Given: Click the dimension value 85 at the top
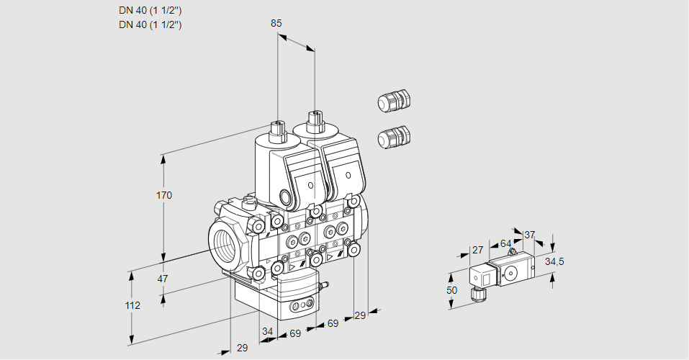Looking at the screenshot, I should point(276,23).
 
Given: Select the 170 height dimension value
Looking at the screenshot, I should point(165,195).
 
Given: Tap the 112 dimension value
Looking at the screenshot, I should point(132,305).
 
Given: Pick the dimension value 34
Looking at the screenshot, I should point(268,331).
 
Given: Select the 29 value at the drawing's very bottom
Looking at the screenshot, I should point(243,348).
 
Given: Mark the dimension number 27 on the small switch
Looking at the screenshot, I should point(477,250).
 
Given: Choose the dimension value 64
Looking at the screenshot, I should point(505,243).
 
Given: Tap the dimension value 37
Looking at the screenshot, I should point(529,235).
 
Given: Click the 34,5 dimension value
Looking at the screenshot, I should point(554,261).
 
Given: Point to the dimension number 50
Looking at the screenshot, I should point(451,289).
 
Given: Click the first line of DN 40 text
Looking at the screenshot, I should point(150,10).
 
